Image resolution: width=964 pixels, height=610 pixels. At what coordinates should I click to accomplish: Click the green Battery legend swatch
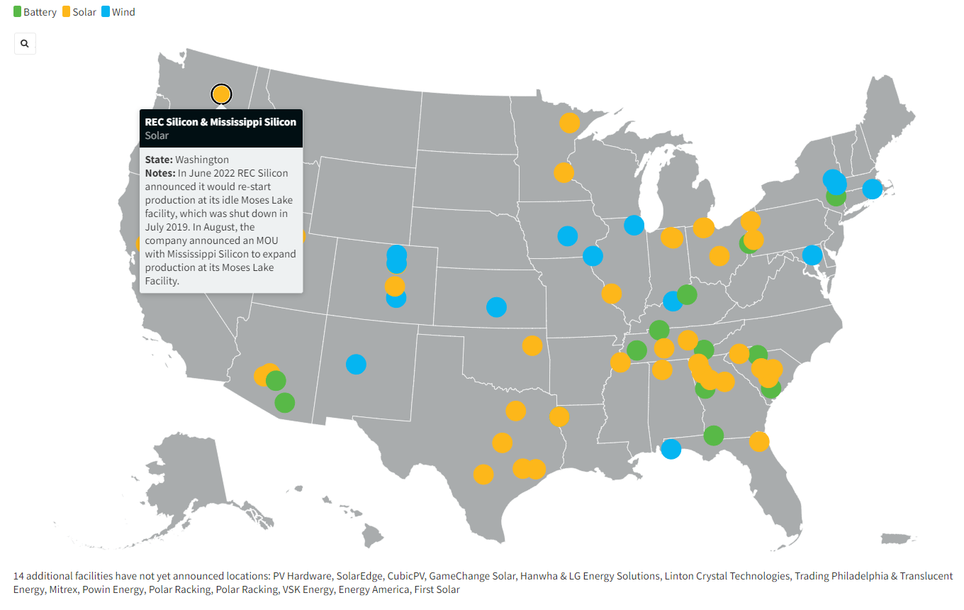coord(18,12)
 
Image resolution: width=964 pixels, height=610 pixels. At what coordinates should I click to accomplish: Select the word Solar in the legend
coord(84,12)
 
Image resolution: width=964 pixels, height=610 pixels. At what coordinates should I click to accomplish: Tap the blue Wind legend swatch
coord(106,12)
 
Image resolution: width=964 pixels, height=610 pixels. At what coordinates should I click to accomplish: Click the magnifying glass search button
coord(25,44)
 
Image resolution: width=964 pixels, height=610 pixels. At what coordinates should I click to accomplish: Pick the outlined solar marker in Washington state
coord(221,94)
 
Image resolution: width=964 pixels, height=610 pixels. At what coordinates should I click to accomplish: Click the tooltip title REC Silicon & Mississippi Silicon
coord(220,122)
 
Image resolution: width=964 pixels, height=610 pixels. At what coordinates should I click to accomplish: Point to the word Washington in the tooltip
coord(202,160)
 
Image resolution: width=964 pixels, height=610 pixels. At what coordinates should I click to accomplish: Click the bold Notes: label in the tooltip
coord(159,173)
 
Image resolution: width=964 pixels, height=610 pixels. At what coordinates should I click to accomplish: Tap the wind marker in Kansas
coord(497,307)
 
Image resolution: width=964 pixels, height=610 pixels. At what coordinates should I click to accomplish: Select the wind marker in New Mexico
coord(356,364)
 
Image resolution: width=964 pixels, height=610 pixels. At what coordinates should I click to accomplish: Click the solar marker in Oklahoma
coord(532,345)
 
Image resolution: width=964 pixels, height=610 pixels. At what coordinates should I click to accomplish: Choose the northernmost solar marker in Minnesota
coord(569,123)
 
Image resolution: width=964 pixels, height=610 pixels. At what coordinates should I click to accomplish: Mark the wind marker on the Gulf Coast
coord(671,448)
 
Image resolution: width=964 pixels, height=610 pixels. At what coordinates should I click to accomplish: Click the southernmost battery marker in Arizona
coord(284,403)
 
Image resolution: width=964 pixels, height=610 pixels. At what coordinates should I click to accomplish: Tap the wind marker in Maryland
coord(812,255)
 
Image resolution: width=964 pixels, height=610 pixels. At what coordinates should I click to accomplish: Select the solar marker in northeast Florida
coord(759,442)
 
